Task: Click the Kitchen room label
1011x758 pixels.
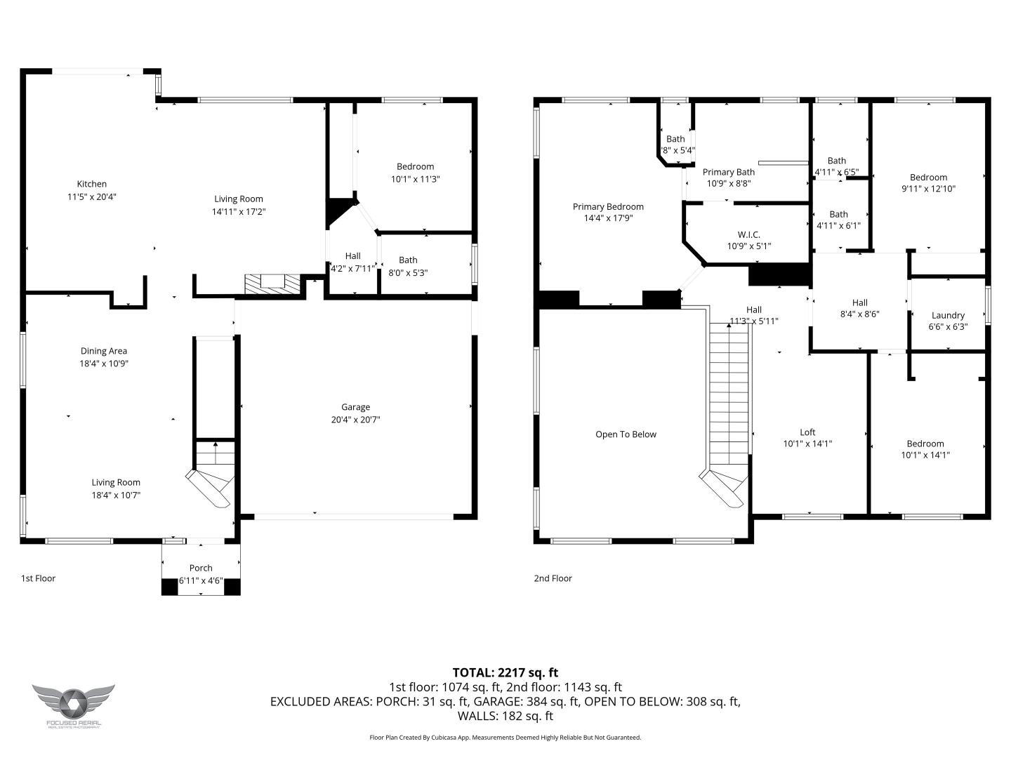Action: tap(92, 185)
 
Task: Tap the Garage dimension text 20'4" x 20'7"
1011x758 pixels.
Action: tap(355, 420)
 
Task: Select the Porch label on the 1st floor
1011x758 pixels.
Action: tap(201, 568)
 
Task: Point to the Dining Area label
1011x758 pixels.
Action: tap(104, 351)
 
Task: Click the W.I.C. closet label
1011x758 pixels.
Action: tap(748, 234)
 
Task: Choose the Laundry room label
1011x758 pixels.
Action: tap(948, 315)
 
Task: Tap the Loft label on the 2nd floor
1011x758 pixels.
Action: tap(807, 432)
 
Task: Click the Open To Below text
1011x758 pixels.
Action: tap(626, 434)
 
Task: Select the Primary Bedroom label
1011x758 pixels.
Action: tap(608, 206)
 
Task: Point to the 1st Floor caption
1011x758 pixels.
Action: tap(38, 578)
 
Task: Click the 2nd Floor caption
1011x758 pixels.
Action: tap(553, 578)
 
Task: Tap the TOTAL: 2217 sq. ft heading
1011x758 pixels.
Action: tap(505, 672)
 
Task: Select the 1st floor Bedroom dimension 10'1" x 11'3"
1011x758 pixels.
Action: tap(415, 179)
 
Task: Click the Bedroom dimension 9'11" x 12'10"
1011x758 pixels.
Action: tap(928, 189)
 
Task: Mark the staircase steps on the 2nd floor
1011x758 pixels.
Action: tap(729, 393)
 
